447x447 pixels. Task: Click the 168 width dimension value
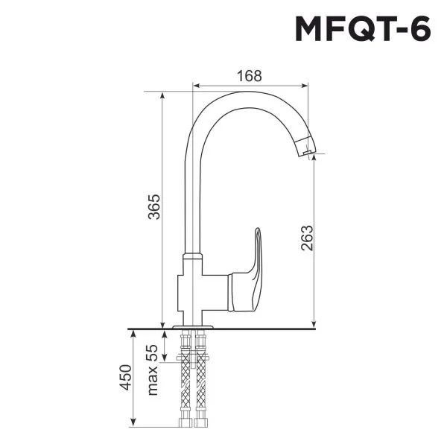click(250, 75)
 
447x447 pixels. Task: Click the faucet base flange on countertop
click(193, 326)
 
